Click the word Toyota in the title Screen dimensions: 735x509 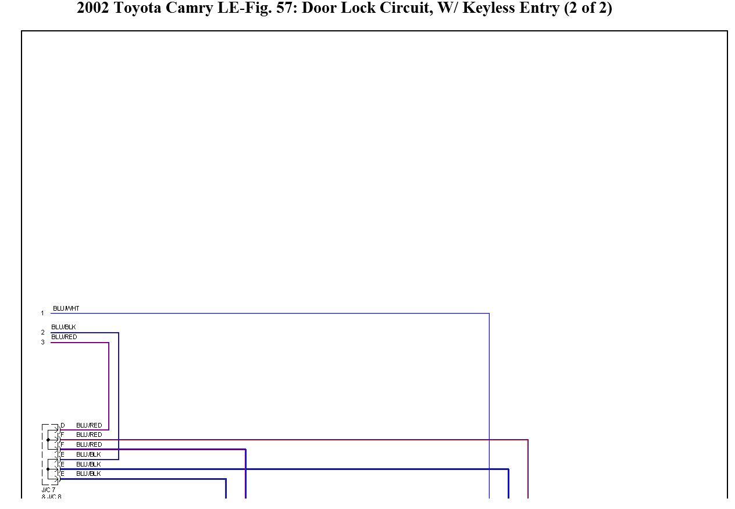(x=137, y=8)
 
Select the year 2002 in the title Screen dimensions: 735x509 (x=92, y=8)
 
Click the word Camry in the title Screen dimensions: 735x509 (x=190, y=8)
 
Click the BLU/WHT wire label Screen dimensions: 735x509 (x=66, y=308)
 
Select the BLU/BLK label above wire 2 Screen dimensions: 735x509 (x=63, y=327)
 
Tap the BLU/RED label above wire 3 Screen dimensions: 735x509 (x=64, y=337)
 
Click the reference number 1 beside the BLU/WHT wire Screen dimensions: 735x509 (x=42, y=314)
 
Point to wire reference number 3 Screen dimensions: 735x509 (x=42, y=342)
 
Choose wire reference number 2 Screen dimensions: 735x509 (x=42, y=332)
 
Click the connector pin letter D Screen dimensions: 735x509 (x=63, y=425)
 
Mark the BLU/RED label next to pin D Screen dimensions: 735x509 (x=89, y=425)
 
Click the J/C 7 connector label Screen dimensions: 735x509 (x=48, y=490)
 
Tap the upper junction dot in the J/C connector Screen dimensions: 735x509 (x=48, y=440)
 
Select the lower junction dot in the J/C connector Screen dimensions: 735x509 (x=48, y=469)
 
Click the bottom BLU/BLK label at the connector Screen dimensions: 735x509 (x=88, y=474)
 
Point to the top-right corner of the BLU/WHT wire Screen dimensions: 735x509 (x=489, y=314)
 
